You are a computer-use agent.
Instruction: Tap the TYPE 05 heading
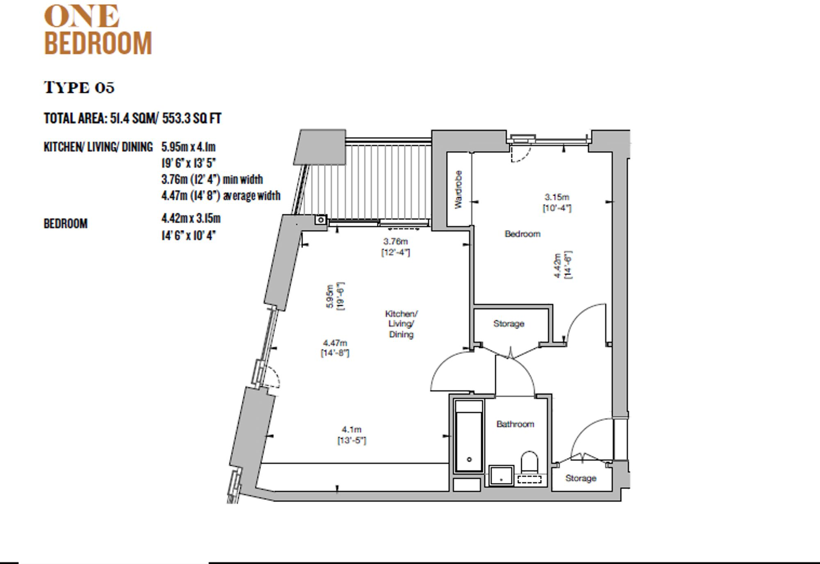pos(79,87)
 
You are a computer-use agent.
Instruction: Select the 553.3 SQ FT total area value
pos(191,119)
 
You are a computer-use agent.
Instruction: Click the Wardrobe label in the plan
pos(458,189)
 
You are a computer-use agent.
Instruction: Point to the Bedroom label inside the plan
pos(522,234)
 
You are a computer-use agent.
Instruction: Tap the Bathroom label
pos(515,424)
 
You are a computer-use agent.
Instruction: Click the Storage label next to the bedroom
pos(508,324)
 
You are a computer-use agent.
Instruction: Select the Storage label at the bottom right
pos(581,478)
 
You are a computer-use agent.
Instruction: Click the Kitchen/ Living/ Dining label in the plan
pos(401,324)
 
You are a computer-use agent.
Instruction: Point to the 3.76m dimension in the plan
pos(395,242)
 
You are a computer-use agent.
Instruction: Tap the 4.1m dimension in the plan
pos(351,429)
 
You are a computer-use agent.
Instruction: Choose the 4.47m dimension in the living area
pos(335,343)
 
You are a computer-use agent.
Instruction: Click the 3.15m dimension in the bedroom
pos(556,197)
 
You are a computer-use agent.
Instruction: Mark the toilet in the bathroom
pos(529,462)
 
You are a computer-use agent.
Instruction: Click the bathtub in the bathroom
pos(469,441)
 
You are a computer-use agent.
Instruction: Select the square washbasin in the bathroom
pos(501,475)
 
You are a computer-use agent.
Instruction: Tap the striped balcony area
pos(385,180)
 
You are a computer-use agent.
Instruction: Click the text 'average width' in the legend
pos(251,196)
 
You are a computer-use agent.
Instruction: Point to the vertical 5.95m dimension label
pos(330,296)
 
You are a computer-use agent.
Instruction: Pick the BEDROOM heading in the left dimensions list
pos(66,224)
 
